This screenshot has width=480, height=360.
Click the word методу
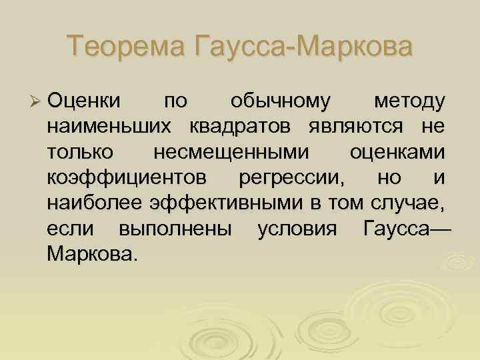pyautogui.click(x=409, y=102)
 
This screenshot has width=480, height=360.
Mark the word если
pyautogui.click(x=69, y=229)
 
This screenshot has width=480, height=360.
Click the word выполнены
pyautogui.click(x=175, y=229)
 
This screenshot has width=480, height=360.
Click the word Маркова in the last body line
pyautogui.click(x=91, y=254)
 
